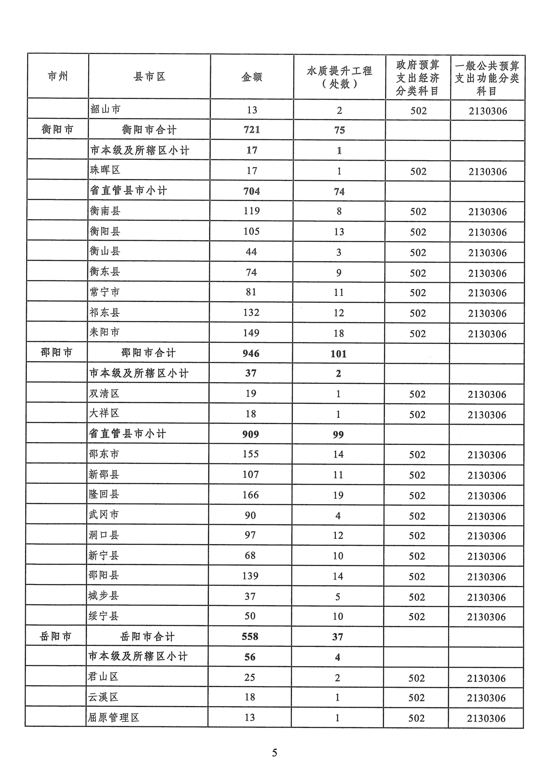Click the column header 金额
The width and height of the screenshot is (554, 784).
point(252,77)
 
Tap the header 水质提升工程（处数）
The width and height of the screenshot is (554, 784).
point(339,77)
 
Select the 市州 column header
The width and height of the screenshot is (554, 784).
point(58,76)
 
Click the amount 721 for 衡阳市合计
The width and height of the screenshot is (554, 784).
point(252,130)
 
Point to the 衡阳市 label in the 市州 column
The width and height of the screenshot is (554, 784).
point(57,129)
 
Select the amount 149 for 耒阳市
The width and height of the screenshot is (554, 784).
point(251,333)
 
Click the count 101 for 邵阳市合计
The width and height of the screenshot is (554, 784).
point(338,354)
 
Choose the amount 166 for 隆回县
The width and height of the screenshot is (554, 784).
point(251,495)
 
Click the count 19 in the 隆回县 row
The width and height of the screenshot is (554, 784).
point(338,495)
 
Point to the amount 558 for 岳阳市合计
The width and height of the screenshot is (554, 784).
point(250,636)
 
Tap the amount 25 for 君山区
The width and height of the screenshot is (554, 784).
point(250,677)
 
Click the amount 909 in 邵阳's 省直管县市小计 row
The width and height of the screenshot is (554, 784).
point(251,434)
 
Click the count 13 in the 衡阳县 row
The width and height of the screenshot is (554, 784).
point(339,232)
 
